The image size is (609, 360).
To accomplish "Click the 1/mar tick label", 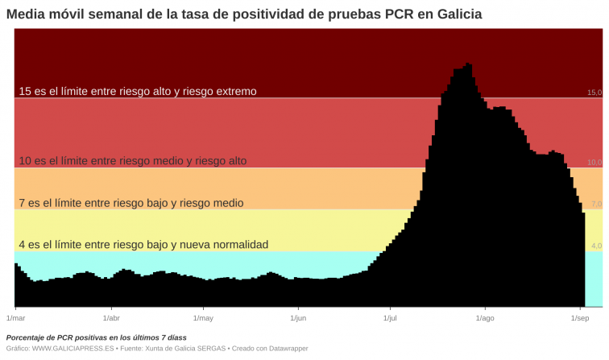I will tap(15, 319).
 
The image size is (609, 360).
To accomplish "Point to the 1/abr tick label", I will tap(111, 319).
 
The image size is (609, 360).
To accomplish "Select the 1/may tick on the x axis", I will tap(204, 319).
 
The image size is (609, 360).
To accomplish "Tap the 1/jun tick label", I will tap(298, 319).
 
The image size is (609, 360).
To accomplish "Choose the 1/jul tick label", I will tap(391, 319).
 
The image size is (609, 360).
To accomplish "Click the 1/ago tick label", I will tap(484, 319).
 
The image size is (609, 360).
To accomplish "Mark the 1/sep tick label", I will tap(580, 319).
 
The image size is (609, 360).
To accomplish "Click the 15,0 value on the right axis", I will tap(594, 93).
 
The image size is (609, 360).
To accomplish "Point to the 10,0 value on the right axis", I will tap(594, 163).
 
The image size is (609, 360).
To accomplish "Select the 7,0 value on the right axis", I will tap(597, 205).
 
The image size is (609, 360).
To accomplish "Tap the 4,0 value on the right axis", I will tap(597, 246).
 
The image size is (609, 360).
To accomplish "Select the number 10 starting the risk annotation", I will tap(25, 161).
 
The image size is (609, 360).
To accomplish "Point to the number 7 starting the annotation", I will tap(22, 203).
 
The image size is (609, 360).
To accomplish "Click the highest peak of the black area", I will tap(468, 64).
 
